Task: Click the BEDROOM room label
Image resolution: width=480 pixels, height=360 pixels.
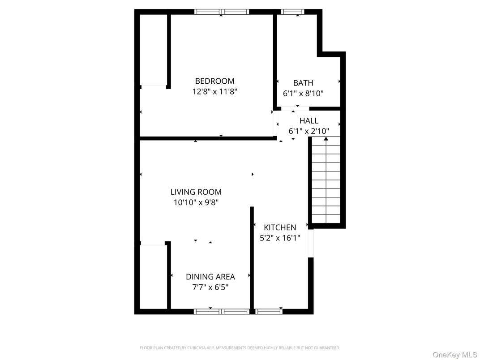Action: click(x=214, y=81)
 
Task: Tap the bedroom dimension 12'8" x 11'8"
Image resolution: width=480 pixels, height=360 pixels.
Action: click(x=215, y=91)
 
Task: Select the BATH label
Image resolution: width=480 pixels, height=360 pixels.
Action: click(x=303, y=83)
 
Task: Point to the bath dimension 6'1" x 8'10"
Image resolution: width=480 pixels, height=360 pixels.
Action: click(x=303, y=94)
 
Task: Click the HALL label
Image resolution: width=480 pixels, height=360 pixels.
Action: click(x=309, y=120)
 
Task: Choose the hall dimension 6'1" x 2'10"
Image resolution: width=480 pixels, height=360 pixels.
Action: click(x=309, y=131)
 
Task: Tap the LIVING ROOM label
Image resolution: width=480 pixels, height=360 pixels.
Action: click(x=196, y=192)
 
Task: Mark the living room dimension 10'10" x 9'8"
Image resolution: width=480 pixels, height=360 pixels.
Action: click(x=196, y=202)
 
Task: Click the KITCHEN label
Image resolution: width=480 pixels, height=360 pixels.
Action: click(x=280, y=227)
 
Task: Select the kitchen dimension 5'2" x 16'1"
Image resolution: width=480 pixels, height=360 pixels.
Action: click(x=280, y=238)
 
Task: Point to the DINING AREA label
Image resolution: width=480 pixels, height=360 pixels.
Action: click(x=210, y=277)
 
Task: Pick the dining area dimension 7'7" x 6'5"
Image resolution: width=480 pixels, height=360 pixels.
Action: click(x=210, y=287)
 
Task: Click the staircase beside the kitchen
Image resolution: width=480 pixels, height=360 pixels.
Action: click(x=326, y=180)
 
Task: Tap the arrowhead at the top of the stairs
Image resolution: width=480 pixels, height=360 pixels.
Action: click(x=326, y=139)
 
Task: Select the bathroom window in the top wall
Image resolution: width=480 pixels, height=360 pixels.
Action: click(x=293, y=12)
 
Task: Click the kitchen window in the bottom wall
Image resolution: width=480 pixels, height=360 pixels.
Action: click(x=269, y=312)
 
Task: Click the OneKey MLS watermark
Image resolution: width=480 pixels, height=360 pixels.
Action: click(x=454, y=355)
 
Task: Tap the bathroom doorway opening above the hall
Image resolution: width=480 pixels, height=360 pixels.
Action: click(x=295, y=109)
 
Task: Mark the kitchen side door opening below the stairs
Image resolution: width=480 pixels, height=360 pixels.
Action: click(x=311, y=244)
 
